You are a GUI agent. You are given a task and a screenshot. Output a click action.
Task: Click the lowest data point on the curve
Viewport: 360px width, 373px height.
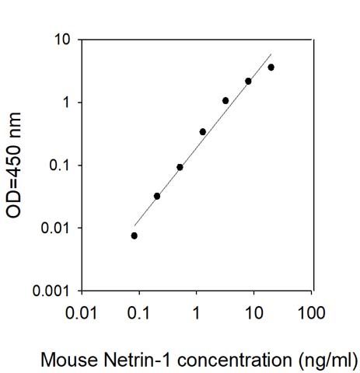tap(135, 235)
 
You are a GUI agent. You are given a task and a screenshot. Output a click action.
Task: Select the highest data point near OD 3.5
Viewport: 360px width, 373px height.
tap(271, 68)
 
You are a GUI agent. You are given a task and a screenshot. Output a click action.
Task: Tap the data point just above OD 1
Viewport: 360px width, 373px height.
tap(225, 100)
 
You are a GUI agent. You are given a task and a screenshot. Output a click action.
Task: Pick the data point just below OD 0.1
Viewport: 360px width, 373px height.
tap(180, 167)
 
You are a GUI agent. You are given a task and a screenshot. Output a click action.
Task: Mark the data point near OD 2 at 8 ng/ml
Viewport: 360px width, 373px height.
tap(248, 82)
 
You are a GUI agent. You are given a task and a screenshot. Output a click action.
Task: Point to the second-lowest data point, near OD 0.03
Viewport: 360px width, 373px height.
tap(157, 196)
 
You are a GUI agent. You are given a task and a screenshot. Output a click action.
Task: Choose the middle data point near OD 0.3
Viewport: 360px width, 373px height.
tap(203, 132)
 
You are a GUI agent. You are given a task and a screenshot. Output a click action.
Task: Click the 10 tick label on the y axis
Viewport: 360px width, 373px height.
tap(62, 40)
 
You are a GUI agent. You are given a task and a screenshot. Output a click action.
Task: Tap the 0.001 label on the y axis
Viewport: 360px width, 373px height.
tap(51, 291)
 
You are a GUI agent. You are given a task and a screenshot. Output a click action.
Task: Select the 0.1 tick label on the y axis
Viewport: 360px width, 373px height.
tap(60, 165)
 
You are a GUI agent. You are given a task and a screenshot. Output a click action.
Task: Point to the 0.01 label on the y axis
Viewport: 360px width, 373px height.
tap(55, 228)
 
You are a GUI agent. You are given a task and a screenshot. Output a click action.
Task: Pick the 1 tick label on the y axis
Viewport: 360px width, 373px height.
tap(67, 103)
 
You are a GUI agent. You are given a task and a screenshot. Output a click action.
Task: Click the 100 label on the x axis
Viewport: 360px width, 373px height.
tap(311, 312)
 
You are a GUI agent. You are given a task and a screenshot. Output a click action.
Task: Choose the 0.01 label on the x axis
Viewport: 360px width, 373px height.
tap(82, 312)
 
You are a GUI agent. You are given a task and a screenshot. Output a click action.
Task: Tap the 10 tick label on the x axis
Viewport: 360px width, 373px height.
tap(254, 312)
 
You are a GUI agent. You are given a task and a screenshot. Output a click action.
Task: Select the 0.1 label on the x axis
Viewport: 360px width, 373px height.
tap(139, 312)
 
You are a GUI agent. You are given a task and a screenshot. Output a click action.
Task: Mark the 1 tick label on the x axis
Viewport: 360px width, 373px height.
tap(197, 312)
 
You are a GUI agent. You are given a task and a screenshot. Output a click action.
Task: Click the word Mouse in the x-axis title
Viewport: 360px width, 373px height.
tap(69, 360)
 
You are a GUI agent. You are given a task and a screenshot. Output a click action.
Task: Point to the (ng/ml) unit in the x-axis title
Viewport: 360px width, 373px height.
tap(327, 361)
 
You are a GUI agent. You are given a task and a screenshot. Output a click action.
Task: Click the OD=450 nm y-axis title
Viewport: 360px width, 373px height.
tap(13, 166)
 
